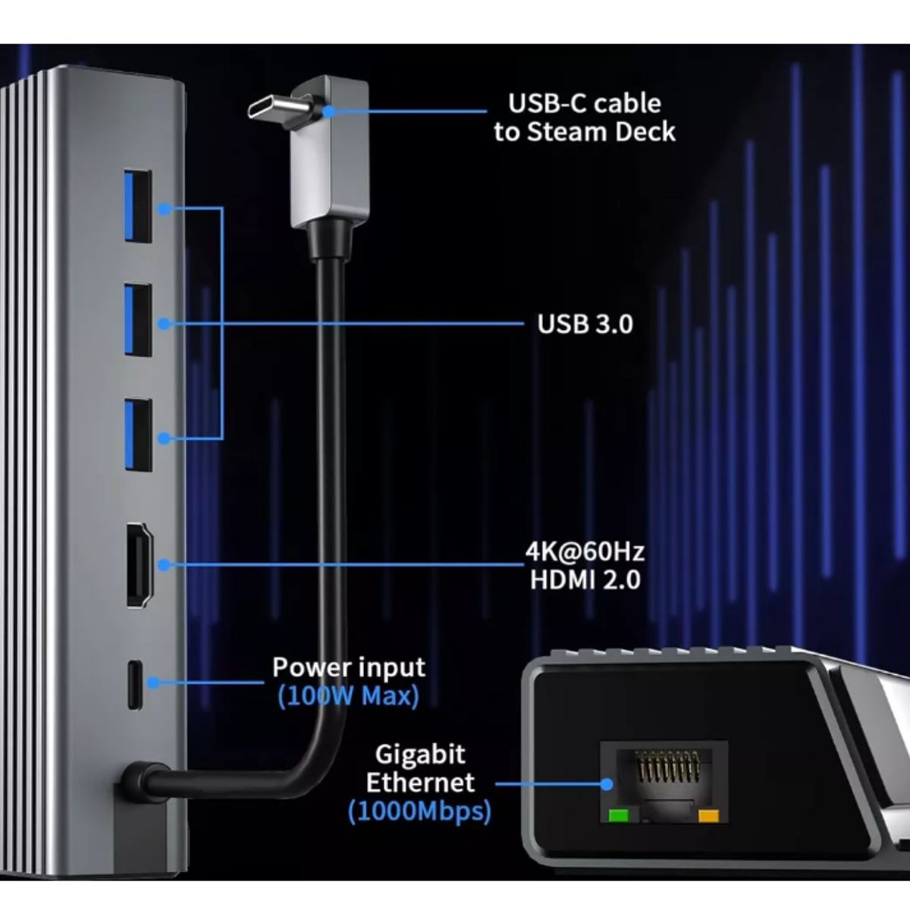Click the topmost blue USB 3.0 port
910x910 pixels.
pos(138,206)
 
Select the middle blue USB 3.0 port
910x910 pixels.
pos(138,319)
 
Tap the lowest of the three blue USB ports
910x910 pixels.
pos(138,435)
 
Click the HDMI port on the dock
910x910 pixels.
pos(140,564)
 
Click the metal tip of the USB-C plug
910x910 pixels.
pos(277,107)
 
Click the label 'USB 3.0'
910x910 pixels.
pos(585,325)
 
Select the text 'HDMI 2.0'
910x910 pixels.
pos(585,580)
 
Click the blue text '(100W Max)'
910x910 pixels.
pos(348,695)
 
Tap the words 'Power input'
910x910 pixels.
pos(348,668)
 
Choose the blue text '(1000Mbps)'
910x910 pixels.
pos(419,811)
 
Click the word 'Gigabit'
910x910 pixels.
pos(420,755)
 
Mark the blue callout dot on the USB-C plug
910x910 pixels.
pos(329,111)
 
